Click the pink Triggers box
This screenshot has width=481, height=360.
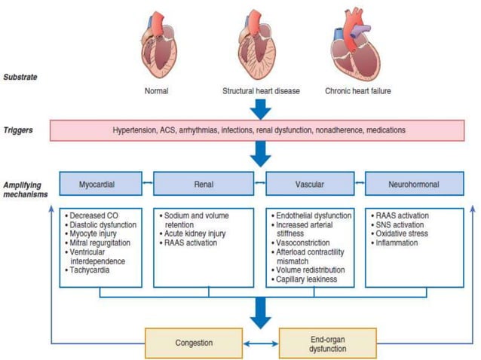[260, 130]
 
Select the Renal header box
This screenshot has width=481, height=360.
[204, 183]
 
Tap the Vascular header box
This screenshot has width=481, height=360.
[310, 183]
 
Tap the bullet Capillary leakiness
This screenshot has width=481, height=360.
[308, 279]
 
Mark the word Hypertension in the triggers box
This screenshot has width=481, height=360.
[136, 130]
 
